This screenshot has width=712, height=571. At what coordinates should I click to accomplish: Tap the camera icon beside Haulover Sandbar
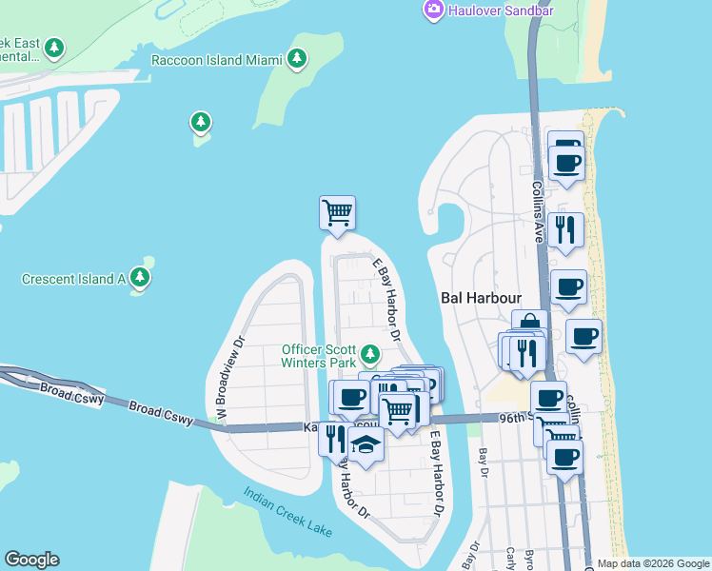click(434, 10)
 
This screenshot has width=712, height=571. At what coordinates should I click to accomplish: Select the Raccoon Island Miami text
click(217, 60)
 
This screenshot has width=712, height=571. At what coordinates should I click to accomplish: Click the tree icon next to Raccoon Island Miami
click(298, 59)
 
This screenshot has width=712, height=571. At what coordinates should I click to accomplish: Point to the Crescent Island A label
click(74, 279)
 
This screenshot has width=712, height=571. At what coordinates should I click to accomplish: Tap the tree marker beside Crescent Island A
click(141, 278)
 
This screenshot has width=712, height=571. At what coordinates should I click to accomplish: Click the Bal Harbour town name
click(481, 297)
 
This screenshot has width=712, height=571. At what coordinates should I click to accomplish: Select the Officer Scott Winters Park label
click(318, 356)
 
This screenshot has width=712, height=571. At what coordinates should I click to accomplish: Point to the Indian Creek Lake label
click(287, 513)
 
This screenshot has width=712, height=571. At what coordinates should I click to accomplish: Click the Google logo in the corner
click(31, 560)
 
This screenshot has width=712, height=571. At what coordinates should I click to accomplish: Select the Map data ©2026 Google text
click(652, 563)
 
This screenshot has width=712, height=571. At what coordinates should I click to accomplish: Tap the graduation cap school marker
click(366, 443)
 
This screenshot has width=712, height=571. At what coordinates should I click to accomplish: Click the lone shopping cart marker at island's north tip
click(337, 211)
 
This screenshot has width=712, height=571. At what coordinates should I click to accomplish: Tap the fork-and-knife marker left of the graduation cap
click(334, 438)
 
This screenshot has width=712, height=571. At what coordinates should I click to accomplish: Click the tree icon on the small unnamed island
click(200, 122)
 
